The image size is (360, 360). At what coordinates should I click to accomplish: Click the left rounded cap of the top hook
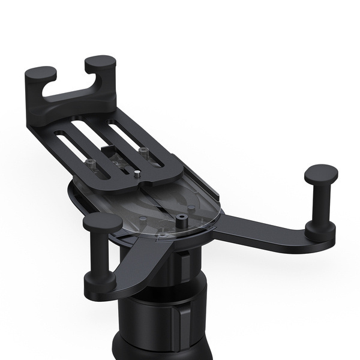click(40, 74)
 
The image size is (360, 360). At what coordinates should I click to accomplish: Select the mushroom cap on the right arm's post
click(321, 174)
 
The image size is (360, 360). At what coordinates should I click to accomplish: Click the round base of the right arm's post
click(320, 230)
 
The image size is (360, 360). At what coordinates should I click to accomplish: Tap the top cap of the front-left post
click(103, 223)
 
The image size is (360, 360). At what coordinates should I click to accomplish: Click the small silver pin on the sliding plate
click(137, 175)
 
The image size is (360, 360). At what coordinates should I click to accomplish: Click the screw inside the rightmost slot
click(143, 151)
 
